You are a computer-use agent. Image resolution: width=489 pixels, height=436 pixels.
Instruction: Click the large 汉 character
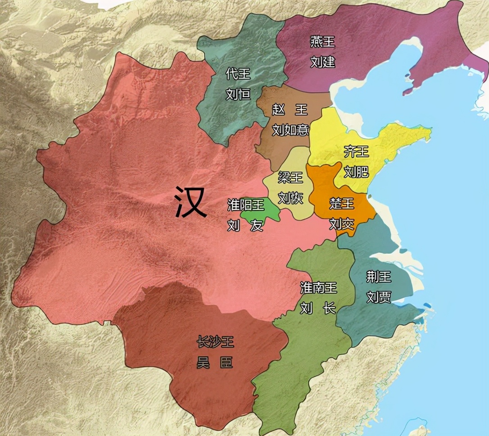191,202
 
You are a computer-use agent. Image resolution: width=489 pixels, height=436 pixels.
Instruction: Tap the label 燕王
322,42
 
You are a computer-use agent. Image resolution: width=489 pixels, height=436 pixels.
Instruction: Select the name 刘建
322,62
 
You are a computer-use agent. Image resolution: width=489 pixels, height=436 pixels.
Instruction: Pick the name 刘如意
290,130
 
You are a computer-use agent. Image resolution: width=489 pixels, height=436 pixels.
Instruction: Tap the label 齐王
356,151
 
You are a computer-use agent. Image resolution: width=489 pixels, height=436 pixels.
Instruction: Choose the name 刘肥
356,172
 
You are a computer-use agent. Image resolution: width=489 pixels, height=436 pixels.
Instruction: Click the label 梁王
290,177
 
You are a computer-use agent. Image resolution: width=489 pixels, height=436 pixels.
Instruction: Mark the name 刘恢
290,197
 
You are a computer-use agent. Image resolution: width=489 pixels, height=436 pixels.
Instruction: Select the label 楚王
342,204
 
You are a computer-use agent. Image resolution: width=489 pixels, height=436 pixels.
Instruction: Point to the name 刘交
342,224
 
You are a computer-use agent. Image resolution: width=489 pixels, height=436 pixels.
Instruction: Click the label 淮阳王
246,205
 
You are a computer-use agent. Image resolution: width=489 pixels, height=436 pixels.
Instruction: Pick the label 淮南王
318,288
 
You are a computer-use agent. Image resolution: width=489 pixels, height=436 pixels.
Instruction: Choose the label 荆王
378,277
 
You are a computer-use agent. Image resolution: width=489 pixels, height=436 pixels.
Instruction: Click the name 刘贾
378,297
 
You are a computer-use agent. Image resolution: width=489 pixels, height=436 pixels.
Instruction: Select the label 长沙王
215,342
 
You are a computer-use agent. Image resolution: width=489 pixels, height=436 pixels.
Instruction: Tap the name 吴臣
215,363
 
